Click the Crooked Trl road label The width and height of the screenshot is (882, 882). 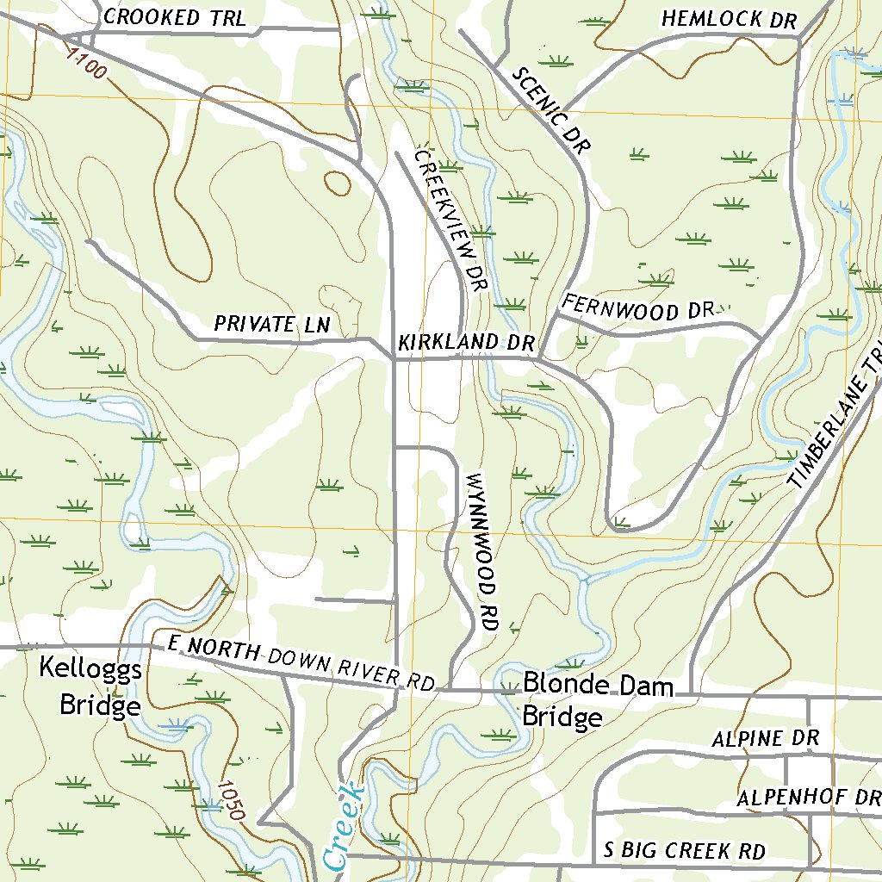coord(174,17)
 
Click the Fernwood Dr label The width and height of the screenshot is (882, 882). coord(639,307)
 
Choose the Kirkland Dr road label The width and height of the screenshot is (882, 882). coord(466,342)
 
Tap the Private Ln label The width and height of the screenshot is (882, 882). coord(272,325)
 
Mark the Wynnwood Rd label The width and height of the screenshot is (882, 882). coord(481,552)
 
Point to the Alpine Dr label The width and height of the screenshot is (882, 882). coord(764,739)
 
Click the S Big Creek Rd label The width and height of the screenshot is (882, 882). coord(684,851)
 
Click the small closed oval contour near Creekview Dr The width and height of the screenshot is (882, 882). coord(338,182)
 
